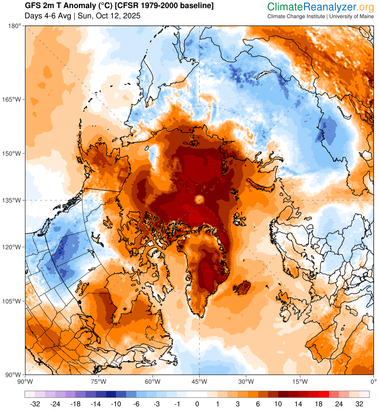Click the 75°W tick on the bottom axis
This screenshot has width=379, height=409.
[98, 382]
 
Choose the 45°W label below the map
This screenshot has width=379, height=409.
[199, 382]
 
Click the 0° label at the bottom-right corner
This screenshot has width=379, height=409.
[373, 382]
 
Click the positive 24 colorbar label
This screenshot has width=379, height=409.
[344, 403]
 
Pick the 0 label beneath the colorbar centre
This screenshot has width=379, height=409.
[197, 403]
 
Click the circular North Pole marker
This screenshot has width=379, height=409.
[199, 200]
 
